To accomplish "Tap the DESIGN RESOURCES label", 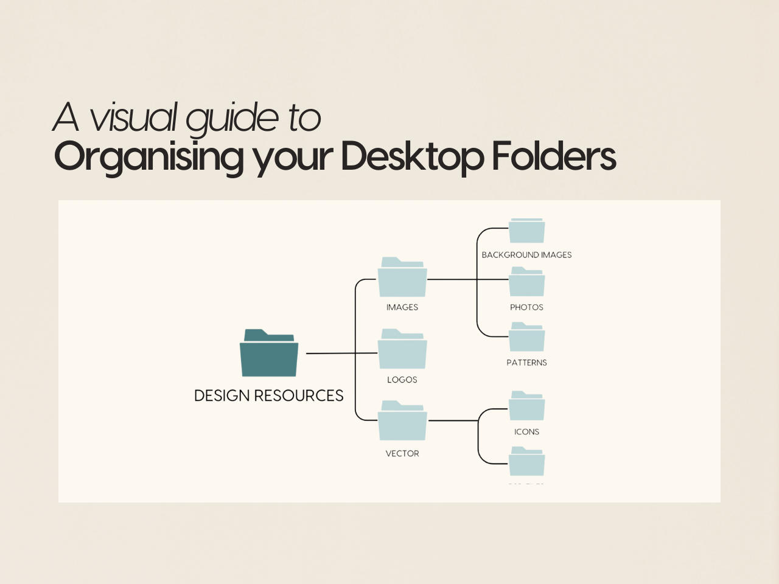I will pyautogui.click(x=268, y=395).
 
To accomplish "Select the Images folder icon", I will pyautogui.click(x=402, y=279).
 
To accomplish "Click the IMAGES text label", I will pyautogui.click(x=402, y=307).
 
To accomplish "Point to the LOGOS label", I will pyautogui.click(x=402, y=380).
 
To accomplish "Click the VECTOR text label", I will pyautogui.click(x=402, y=453).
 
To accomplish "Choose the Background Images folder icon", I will pyautogui.click(x=526, y=231).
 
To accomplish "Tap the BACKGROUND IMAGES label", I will pyautogui.click(x=526, y=255).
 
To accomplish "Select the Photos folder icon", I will pyautogui.click(x=526, y=283).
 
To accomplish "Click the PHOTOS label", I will pyautogui.click(x=526, y=307).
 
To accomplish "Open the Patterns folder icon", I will pyautogui.click(x=526, y=338).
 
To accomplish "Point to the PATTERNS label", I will pyautogui.click(x=526, y=363).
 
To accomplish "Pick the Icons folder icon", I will pyautogui.click(x=526, y=406).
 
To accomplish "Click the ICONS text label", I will pyautogui.click(x=526, y=432).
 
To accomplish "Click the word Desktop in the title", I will pyautogui.click(x=412, y=156).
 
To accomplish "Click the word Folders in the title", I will pyautogui.click(x=554, y=156).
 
